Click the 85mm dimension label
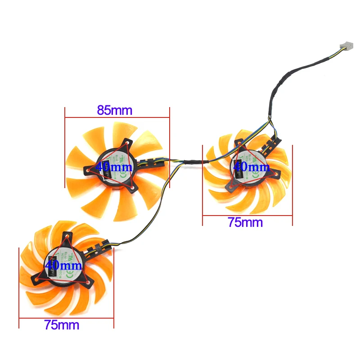coord(115,110)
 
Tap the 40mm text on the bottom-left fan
coord(63,266)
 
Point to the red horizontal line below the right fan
coord(247,215)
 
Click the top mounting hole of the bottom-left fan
coord(67,236)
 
